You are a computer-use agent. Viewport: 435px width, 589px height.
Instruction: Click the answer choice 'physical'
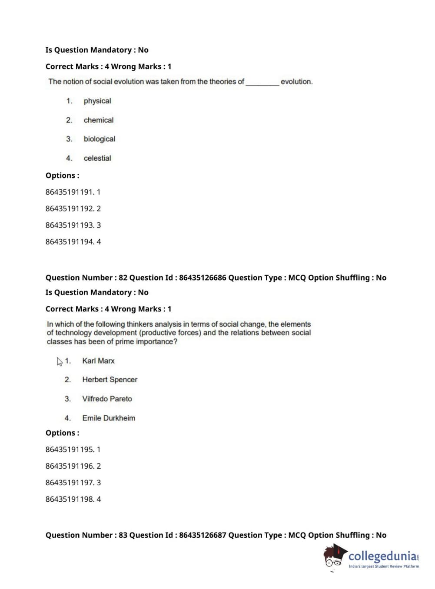click(97, 101)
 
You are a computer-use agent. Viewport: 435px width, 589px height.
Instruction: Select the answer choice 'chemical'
click(99, 120)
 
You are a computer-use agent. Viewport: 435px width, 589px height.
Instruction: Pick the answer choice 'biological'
click(100, 139)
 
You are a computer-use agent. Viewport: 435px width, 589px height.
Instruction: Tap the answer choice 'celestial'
click(97, 158)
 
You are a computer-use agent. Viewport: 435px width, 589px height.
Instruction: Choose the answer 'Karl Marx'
click(99, 361)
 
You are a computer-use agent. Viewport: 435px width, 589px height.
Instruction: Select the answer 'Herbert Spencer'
click(110, 380)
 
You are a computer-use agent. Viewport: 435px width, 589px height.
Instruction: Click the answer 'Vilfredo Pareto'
click(107, 399)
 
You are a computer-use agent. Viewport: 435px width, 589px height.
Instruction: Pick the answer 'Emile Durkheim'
click(109, 418)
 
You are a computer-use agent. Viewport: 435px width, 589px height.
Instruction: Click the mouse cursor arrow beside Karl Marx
click(60, 361)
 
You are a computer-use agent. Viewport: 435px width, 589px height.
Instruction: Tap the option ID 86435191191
click(70, 192)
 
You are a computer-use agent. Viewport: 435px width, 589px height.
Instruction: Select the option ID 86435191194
click(70, 242)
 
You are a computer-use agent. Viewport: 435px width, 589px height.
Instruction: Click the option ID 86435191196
click(70, 466)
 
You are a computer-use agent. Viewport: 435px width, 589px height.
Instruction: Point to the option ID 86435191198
click(70, 499)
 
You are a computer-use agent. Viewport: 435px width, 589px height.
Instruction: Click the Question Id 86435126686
click(203, 278)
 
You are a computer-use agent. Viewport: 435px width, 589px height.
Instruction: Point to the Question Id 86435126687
click(203, 535)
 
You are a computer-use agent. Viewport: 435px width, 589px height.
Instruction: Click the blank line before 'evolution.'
click(262, 82)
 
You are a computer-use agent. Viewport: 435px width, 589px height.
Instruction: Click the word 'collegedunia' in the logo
click(382, 556)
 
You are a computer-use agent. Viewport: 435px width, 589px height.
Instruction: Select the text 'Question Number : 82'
click(86, 278)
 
